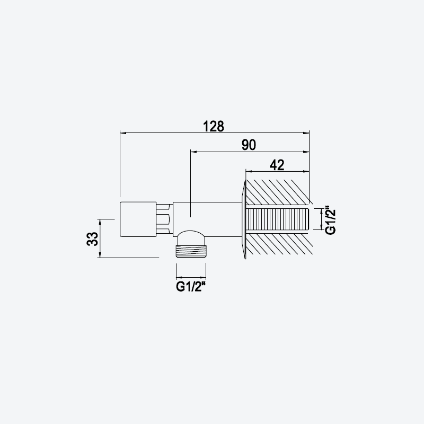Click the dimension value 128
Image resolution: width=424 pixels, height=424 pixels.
(x=214, y=126)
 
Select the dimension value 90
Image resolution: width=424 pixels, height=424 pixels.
(x=249, y=145)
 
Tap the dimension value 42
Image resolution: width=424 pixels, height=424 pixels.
(x=277, y=165)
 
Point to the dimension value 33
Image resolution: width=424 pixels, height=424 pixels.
(x=92, y=239)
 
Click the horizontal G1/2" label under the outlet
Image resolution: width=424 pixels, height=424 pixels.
(x=190, y=287)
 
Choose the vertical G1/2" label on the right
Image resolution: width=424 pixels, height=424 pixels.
(x=330, y=220)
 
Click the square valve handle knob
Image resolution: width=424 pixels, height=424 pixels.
(x=138, y=219)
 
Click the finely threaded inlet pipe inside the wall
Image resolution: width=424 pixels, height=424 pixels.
(x=277, y=219)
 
